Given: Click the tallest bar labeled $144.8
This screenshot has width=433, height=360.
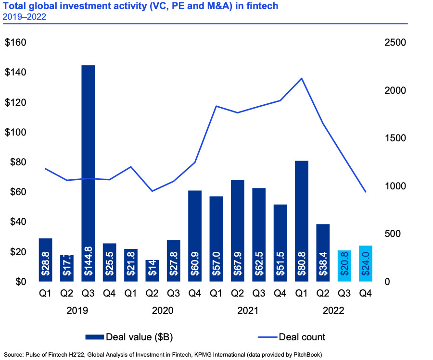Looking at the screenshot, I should coord(88,173).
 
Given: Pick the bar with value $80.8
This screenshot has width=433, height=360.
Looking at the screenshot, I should coord(301,221).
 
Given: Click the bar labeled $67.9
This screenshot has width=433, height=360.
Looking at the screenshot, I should coord(237,231).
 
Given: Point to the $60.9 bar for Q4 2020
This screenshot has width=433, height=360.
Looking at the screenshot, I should coord(194,236).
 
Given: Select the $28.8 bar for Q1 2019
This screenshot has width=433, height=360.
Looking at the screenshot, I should coord(45,260).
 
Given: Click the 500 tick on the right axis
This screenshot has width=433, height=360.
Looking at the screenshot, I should coord(394,234).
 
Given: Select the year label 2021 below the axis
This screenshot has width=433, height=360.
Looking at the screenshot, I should coord(248,311).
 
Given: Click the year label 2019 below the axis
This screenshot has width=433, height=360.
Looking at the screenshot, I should coord(77,311).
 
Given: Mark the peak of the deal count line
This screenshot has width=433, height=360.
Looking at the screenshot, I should coord(301,78).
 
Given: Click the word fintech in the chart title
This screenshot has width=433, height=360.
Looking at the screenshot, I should coord(264,6).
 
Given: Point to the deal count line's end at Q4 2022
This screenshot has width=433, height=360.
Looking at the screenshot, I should coord(366,192).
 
